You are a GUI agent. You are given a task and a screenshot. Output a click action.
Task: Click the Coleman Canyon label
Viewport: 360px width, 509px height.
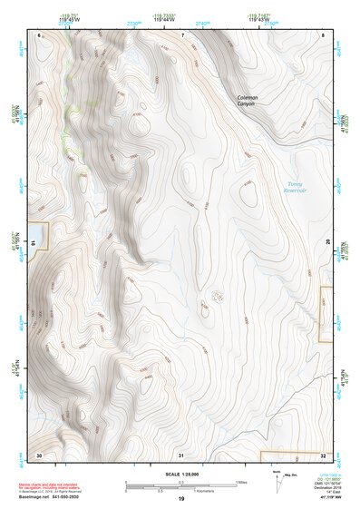pyautogui.click(x=248, y=100)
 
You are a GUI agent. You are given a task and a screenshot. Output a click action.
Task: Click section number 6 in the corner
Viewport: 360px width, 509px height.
pyautogui.click(x=40, y=34)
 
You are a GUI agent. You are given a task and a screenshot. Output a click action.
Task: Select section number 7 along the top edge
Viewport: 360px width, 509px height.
pyautogui.click(x=181, y=34)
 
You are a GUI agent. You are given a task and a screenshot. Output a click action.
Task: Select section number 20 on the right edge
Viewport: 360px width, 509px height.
pyautogui.click(x=328, y=243)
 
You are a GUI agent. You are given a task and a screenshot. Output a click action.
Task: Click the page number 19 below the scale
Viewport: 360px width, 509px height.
pyautogui.click(x=180, y=499)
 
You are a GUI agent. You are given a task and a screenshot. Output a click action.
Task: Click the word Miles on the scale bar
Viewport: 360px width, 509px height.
pyautogui.click(x=242, y=482)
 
